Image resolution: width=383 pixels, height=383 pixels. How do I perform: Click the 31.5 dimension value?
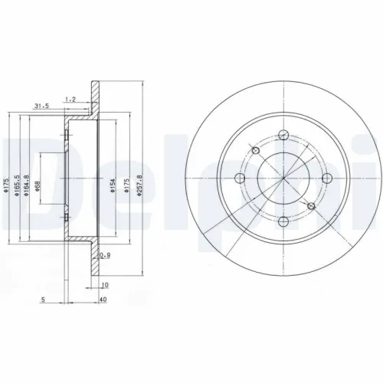point(41,106)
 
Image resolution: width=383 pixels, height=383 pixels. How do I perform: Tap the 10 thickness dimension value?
point(106,284)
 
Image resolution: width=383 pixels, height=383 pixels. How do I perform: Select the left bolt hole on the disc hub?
point(240,178)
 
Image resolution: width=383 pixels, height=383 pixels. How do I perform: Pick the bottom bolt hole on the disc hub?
point(283,221)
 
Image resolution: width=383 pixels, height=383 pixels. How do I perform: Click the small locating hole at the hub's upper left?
point(254,149)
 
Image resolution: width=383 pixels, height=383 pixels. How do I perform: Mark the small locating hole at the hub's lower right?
point(310,206)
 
